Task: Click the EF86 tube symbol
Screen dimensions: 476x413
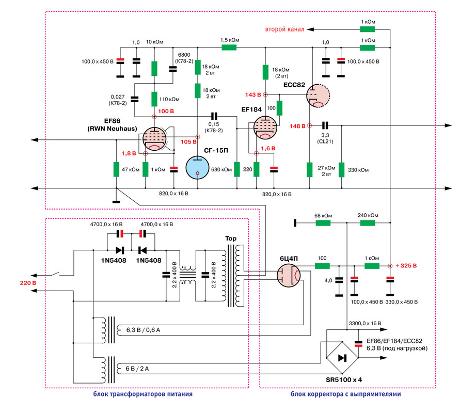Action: point(154,139)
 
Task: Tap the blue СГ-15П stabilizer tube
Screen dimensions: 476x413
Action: point(197,168)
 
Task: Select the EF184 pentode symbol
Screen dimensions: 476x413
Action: point(265,128)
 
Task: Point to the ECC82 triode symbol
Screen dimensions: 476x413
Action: point(318,96)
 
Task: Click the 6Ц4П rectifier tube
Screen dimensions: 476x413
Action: point(289,276)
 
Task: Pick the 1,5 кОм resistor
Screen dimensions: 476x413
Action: point(229,47)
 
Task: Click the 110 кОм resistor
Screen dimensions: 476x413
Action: point(154,99)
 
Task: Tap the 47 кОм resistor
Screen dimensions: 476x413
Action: point(116,169)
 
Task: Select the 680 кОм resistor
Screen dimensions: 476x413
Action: point(237,169)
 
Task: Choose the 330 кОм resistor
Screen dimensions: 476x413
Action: point(342,170)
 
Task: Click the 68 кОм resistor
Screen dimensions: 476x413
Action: point(323,223)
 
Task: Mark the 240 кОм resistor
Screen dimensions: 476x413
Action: point(367,223)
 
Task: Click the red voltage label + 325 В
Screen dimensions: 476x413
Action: point(406,266)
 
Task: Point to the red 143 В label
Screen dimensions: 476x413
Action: point(253,94)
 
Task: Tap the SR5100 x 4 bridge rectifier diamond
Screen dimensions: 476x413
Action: point(342,358)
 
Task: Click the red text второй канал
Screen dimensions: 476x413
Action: point(285,29)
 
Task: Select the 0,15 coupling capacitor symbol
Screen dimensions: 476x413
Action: point(214,116)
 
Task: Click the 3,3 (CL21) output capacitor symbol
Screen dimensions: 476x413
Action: point(325,125)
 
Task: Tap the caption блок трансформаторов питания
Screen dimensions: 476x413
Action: point(142,394)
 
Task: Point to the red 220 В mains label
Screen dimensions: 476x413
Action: point(28,283)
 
